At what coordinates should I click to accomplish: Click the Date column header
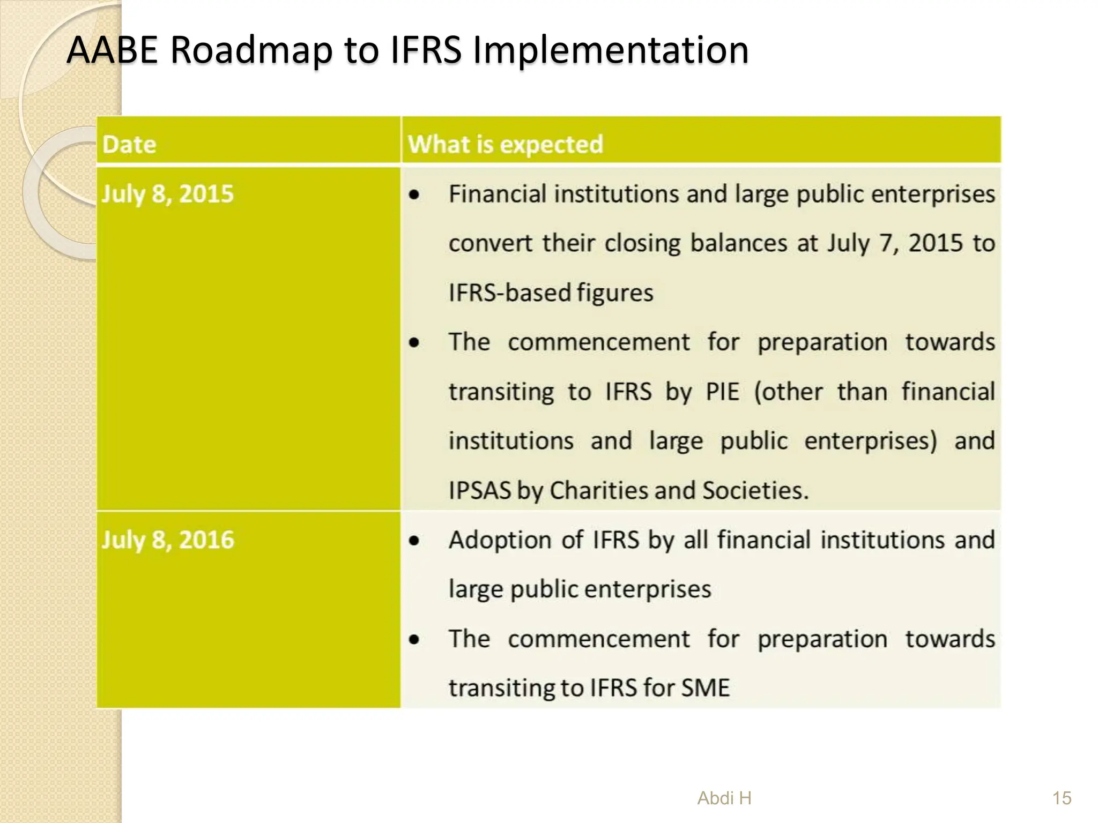[129, 145]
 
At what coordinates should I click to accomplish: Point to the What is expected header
[505, 145]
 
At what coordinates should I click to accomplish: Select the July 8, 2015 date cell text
[168, 194]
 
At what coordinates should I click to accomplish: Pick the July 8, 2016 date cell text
[168, 540]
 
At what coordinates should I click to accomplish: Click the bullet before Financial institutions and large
[414, 195]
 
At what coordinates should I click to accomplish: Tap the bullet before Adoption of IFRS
[414, 541]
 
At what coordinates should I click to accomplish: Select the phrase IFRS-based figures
[551, 293]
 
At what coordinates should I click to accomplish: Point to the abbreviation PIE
[722, 392]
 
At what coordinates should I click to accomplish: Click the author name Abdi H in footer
[724, 798]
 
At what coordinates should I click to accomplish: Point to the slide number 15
[1062, 798]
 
